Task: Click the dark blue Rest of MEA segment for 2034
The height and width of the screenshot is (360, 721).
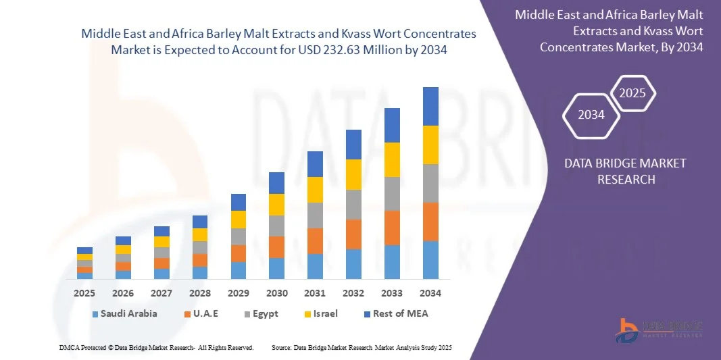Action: point(430,106)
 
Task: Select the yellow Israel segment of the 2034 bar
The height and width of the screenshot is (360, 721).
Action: point(430,145)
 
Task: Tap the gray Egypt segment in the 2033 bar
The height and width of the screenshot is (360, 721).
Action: point(392,194)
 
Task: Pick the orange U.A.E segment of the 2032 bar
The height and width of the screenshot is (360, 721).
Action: point(353,234)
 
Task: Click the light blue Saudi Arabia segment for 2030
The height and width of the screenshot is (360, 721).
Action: point(276,268)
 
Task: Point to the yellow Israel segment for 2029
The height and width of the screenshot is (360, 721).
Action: point(238,220)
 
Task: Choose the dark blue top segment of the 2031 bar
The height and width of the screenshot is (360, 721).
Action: point(315,164)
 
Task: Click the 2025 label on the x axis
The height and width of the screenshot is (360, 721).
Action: point(84,293)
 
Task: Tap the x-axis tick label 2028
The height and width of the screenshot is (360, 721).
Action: point(199,293)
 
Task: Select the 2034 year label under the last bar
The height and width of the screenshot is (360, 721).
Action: point(430,293)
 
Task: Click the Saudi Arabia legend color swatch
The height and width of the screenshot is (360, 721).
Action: point(95,314)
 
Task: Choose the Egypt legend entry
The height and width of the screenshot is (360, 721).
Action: point(259,314)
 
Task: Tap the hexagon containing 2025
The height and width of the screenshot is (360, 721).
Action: point(632,93)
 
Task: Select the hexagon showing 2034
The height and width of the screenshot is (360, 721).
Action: point(591,115)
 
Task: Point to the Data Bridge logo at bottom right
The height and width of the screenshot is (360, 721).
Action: point(659,329)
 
